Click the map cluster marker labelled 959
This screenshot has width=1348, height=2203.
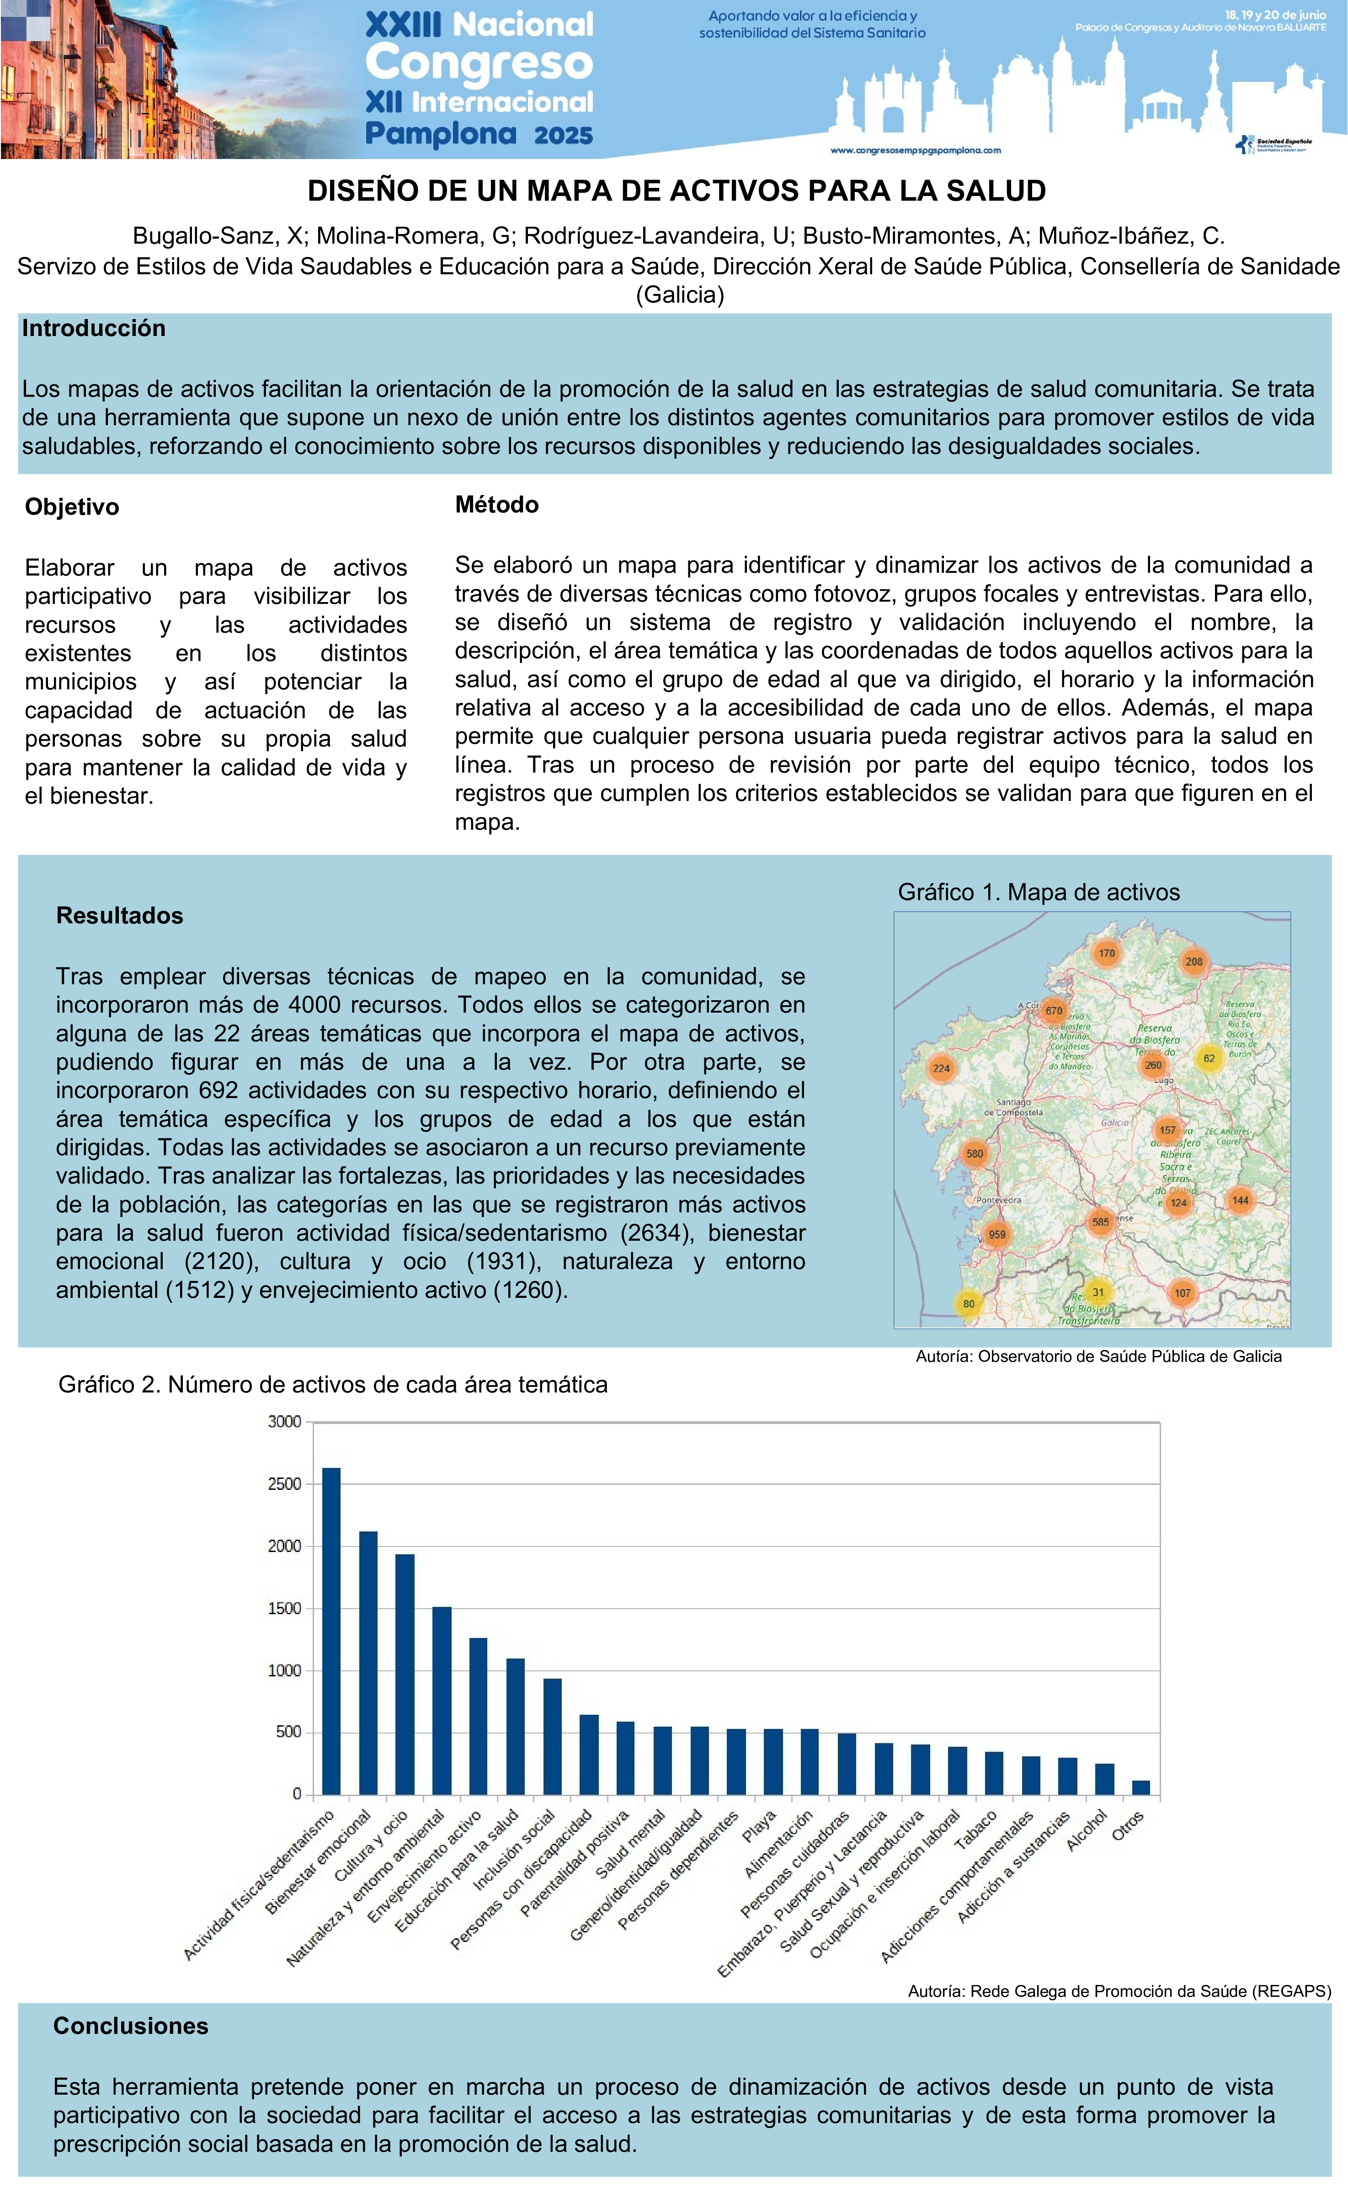[x=996, y=1235]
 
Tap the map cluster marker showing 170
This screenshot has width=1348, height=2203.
[x=1107, y=953]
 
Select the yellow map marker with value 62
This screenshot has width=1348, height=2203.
[x=1209, y=1059]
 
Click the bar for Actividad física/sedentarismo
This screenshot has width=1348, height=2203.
[x=331, y=1631]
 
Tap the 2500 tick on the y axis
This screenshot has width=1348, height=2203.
[x=284, y=1484]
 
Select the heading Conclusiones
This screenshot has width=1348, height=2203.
[x=131, y=2026]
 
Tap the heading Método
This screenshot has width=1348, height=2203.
[x=497, y=505]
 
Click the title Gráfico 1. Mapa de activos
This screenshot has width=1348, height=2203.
[x=1039, y=892]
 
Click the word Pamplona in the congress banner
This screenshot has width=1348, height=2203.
[x=441, y=134]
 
